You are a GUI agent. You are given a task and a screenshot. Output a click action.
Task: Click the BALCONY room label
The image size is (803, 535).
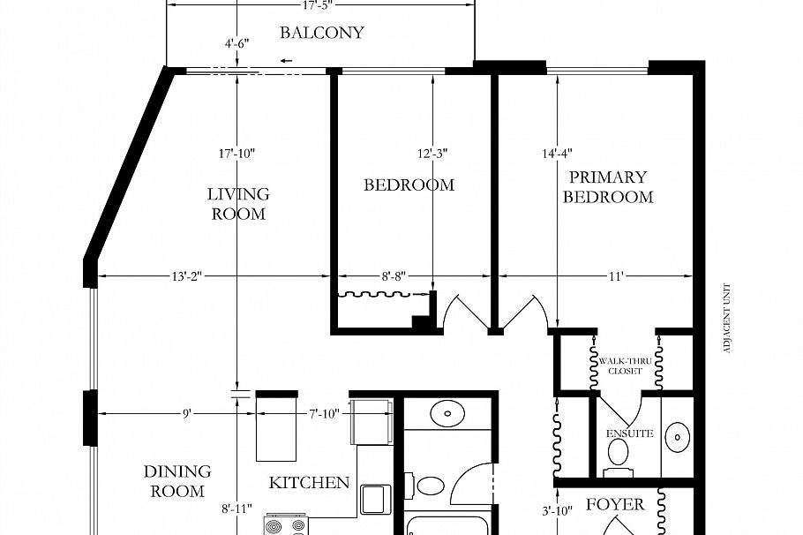coord(321,33)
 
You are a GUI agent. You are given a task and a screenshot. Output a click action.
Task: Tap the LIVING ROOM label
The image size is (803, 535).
coord(238,204)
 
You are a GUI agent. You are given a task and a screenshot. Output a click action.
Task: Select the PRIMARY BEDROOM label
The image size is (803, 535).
coord(607,187)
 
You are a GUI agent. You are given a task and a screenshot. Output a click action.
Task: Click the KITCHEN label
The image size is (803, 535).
coord(309,483)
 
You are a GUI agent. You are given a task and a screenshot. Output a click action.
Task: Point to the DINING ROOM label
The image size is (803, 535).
coord(177,481)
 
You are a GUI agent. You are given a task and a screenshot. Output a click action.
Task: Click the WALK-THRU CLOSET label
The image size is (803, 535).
coord(623,365)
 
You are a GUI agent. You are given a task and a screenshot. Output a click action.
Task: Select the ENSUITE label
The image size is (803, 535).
coord(629,433)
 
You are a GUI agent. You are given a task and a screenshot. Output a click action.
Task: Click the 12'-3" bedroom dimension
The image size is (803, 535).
coord(432,153)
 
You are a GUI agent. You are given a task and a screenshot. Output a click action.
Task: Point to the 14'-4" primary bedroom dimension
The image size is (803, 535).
coord(558,153)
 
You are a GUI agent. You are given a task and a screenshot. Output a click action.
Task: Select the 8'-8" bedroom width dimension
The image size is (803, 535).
coord(393,276)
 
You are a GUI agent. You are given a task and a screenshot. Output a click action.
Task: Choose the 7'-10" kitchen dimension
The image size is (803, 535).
coord(324,413)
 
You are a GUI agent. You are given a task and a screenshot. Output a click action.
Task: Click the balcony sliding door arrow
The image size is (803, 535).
coord(287,61)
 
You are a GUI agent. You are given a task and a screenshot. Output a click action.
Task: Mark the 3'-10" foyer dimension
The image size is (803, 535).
coord(558,510)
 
